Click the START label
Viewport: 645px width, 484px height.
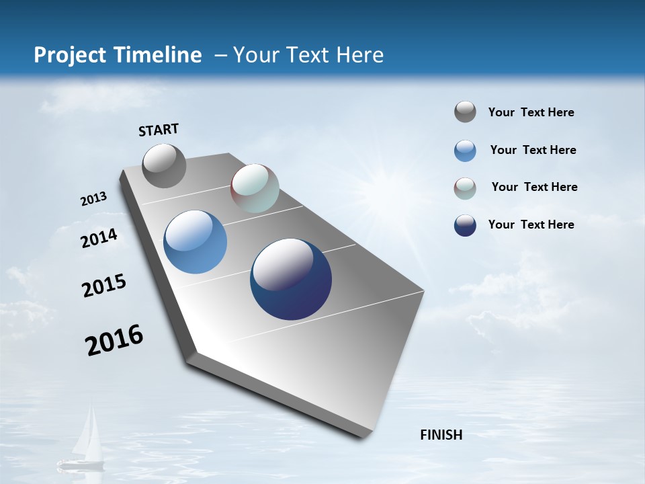159,130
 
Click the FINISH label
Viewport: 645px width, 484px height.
441,435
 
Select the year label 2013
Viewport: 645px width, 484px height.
93,199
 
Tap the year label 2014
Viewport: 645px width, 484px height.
99,238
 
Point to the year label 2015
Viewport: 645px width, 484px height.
103,286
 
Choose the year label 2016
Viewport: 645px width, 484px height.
114,340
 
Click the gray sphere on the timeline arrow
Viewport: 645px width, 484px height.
164,165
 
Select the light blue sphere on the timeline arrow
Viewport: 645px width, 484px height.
195,242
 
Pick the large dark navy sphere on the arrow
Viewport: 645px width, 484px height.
291,279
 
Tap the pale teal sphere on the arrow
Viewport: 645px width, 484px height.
255,188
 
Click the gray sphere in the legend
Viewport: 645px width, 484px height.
465,112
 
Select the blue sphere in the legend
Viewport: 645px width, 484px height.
465,151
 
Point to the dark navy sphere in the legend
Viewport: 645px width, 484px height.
465,225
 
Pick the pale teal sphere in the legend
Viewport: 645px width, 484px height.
465,188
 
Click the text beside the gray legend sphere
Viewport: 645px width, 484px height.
531,112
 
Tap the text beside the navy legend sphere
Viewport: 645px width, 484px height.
531,225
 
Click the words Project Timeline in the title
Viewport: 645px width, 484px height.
118,55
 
